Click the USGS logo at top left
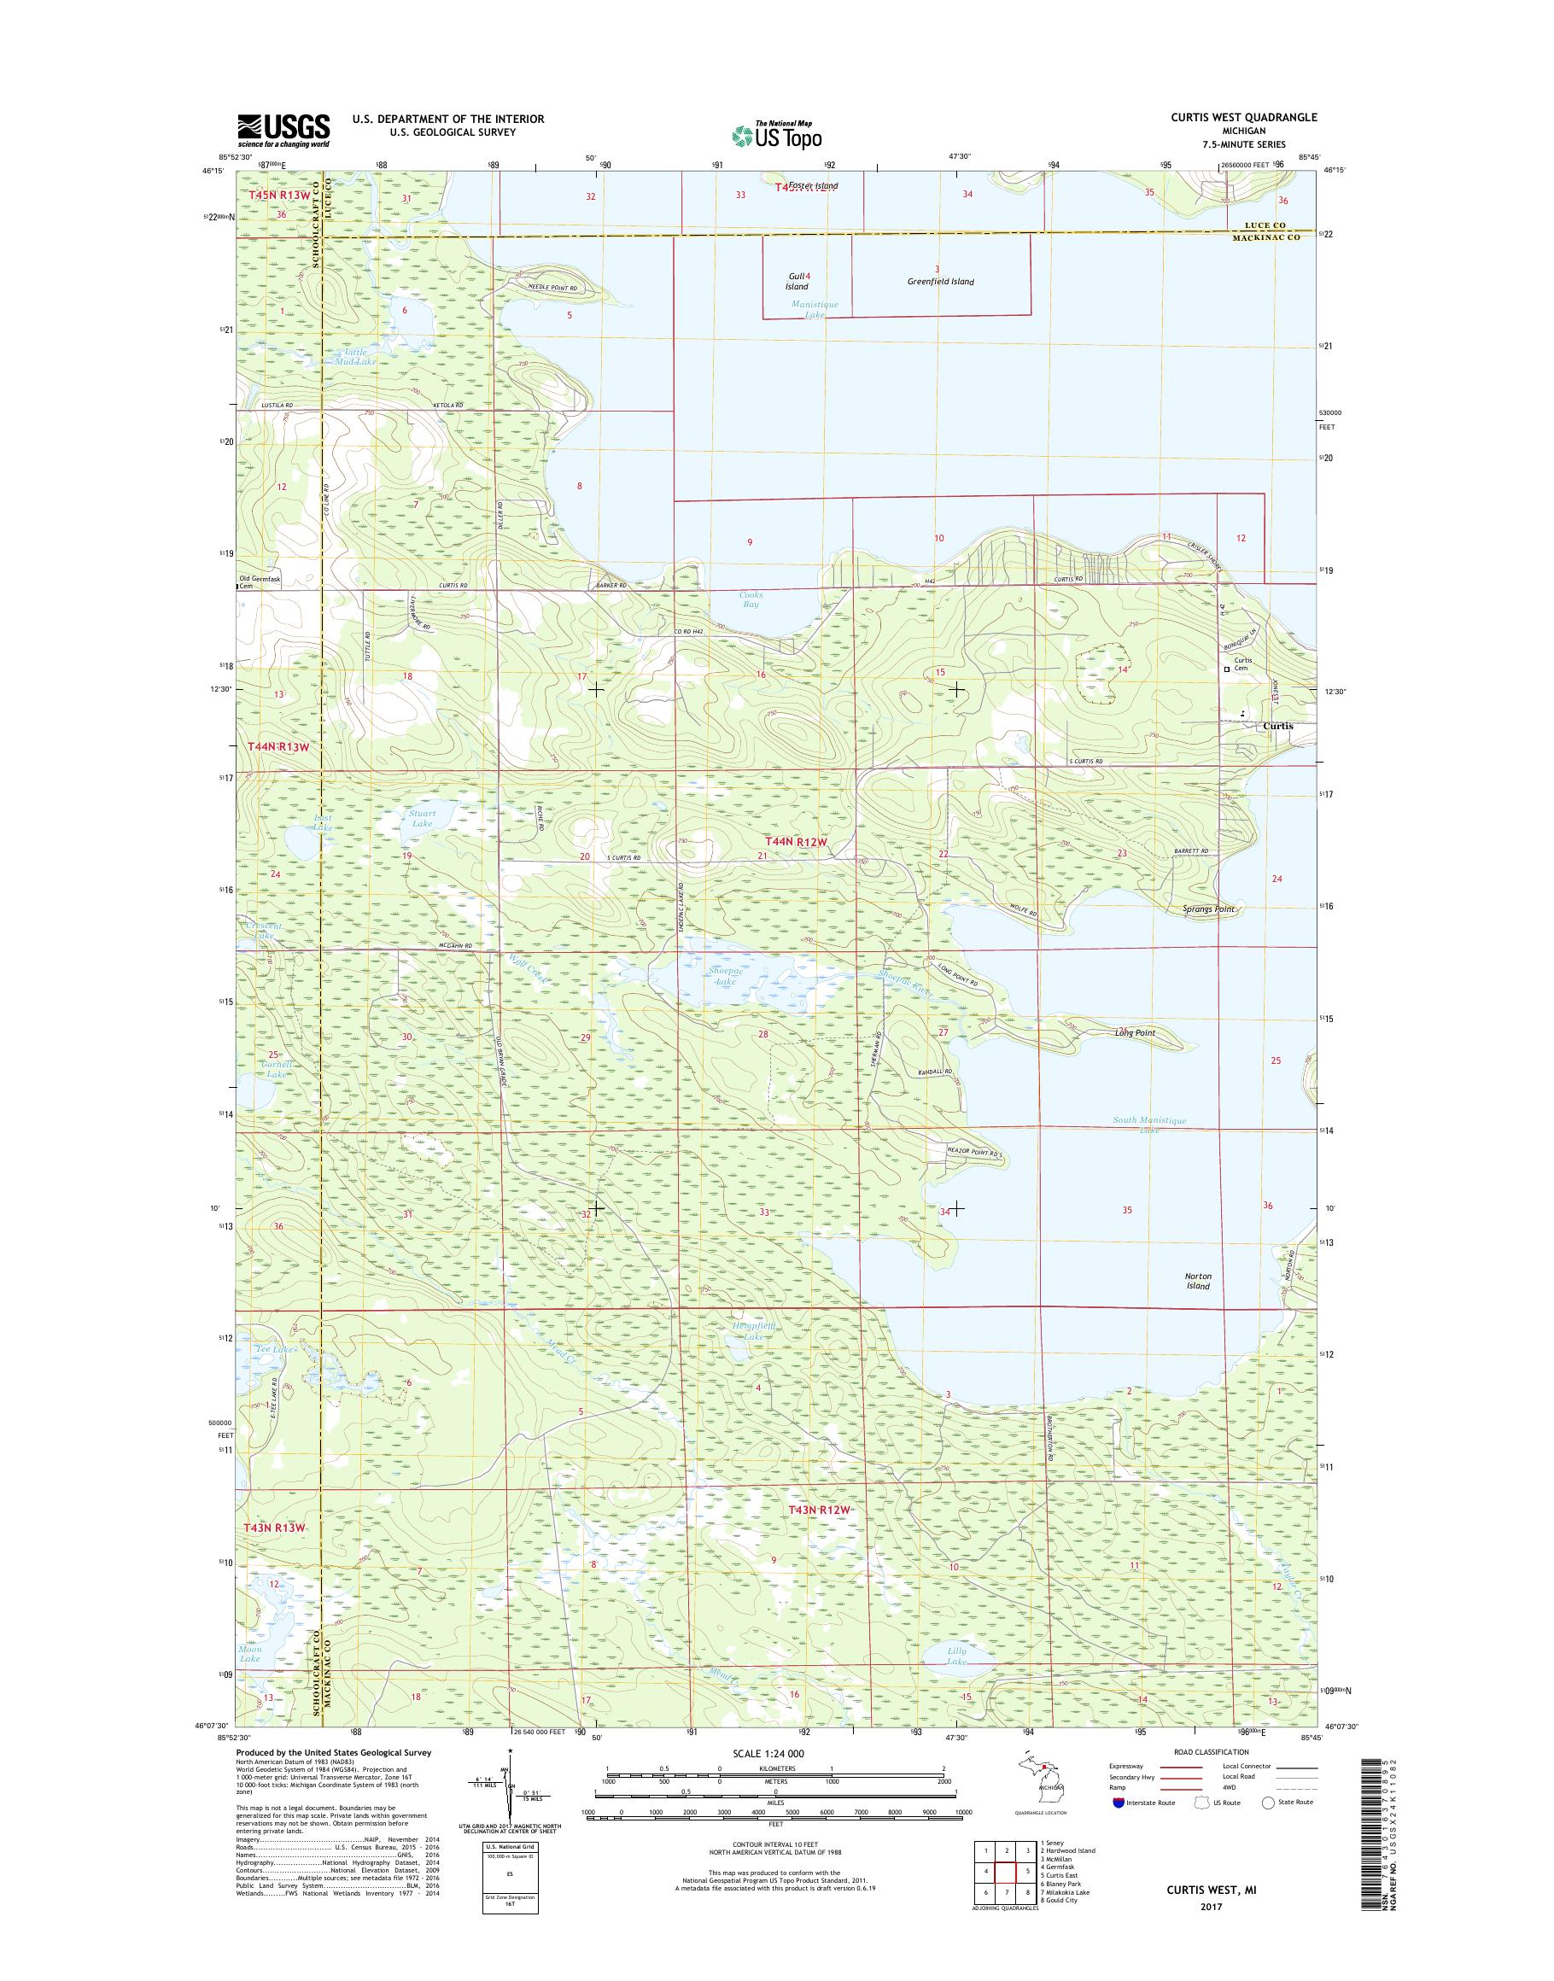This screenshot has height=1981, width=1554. click(283, 131)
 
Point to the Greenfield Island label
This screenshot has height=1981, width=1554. click(940, 281)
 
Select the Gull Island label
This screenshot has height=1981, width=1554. click(797, 281)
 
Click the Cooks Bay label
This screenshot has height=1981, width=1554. click(751, 599)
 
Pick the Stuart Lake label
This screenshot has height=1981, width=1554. click(422, 818)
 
